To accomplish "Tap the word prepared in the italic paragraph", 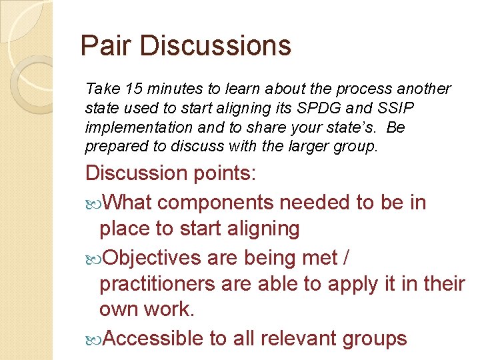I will point(111,146).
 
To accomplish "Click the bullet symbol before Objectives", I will point(94,257).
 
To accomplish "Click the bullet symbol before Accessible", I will point(94,339).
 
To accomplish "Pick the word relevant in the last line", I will point(302,339).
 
